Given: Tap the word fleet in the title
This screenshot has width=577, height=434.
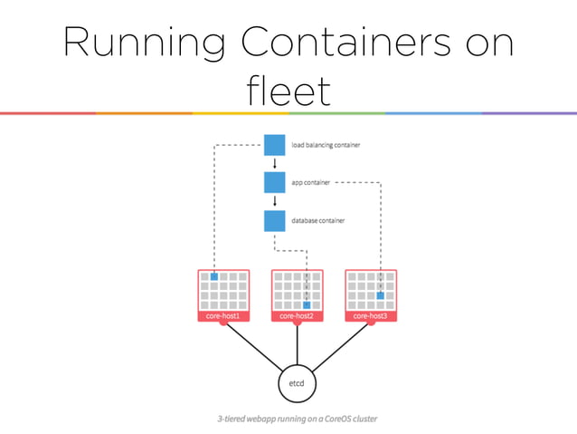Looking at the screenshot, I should (288, 92).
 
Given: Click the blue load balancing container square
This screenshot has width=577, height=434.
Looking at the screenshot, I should (275, 145).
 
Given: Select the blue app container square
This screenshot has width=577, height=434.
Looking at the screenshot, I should (275, 182).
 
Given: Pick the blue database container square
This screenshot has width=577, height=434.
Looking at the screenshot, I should (275, 220).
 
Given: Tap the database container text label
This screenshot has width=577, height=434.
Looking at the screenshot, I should (317, 220).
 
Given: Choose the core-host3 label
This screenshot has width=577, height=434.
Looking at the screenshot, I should (371, 316).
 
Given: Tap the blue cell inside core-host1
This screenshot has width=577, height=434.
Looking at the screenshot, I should (214, 276).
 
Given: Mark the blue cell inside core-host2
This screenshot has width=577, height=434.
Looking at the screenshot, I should (307, 305).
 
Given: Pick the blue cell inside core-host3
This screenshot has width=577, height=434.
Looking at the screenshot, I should (381, 295).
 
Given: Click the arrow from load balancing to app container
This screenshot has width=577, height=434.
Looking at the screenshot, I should (275, 164).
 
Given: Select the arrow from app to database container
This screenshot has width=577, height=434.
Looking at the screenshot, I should (275, 201).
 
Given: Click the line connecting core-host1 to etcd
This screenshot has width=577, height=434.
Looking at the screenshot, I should (251, 345).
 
